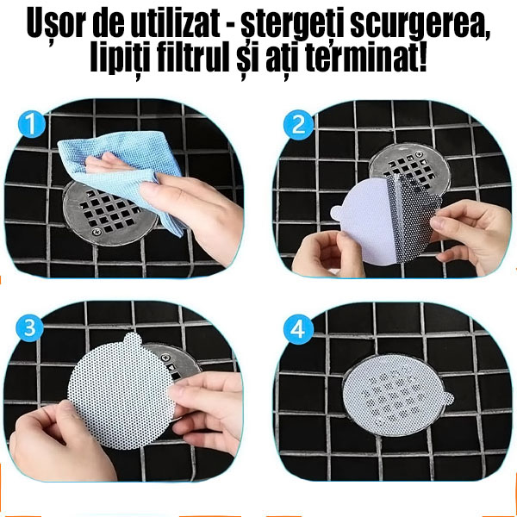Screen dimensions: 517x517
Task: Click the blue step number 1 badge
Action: (32, 126)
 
